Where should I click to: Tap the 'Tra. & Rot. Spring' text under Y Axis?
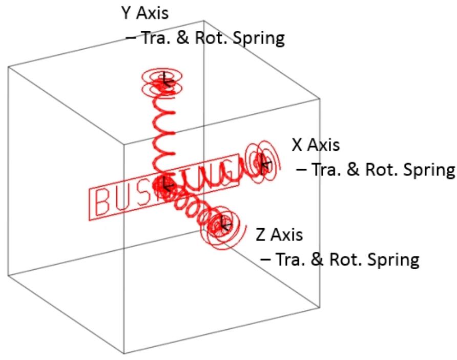point(205,38)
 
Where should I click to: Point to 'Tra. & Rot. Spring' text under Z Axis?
point(340,259)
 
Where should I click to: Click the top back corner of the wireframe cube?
point(204,21)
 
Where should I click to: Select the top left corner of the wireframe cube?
point(8,67)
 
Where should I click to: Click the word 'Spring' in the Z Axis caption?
point(395,259)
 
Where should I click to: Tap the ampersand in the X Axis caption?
point(354,170)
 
